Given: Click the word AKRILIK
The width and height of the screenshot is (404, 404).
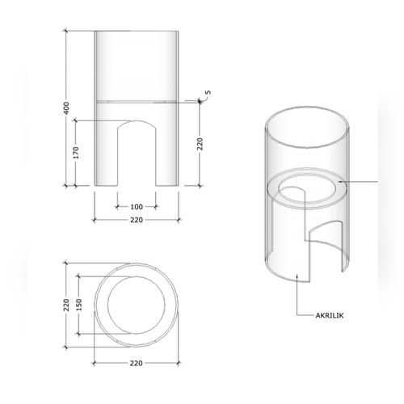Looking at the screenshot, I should (x=330, y=315).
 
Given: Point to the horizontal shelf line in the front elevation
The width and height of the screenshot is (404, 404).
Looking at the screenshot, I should (x=136, y=101).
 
